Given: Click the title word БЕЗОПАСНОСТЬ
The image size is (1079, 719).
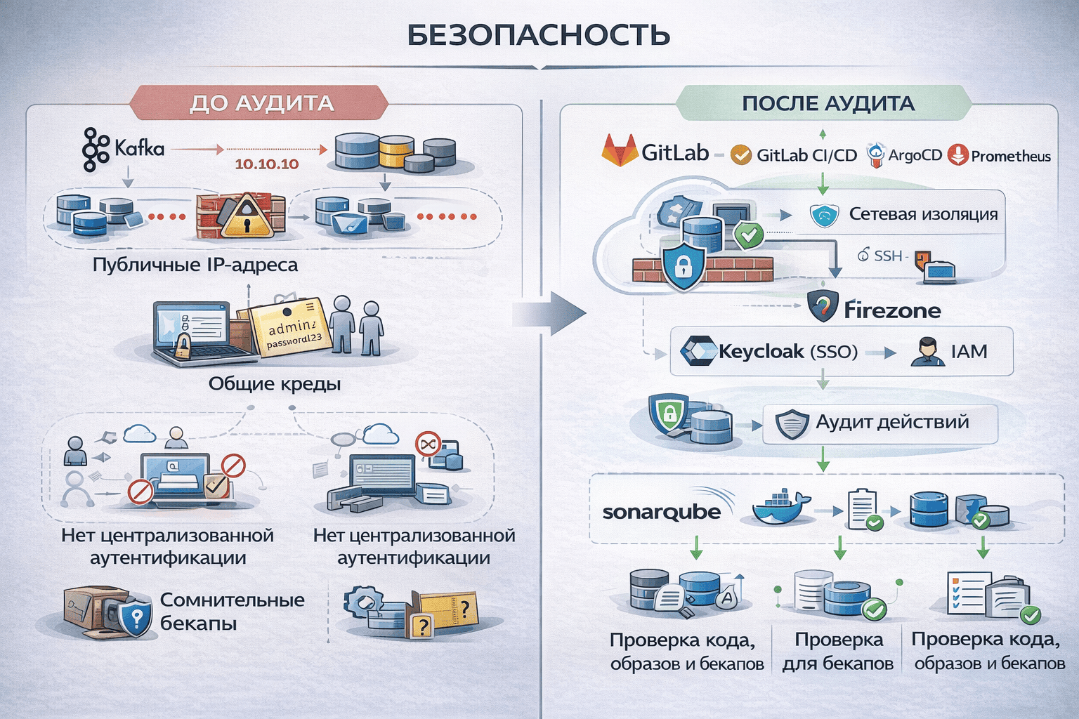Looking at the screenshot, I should tap(539, 36).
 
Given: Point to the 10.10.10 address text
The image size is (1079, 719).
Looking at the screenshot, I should tap(266, 164).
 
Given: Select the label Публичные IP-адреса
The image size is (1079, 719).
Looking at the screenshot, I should tap(195, 265).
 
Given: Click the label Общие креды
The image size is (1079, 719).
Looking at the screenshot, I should tap(274, 384).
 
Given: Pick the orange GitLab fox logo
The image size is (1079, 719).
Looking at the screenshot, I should tap(619, 151).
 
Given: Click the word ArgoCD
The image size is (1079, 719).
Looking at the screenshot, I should tap(915, 155).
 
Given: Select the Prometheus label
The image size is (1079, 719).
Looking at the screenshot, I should tap(1010, 156).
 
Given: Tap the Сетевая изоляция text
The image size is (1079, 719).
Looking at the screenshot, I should tap(923, 214).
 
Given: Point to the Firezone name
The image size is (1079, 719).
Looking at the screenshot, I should tap(891, 310).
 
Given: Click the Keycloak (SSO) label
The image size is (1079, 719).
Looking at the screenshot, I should tap(787, 351).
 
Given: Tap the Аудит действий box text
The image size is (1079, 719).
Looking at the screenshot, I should tap(891, 422).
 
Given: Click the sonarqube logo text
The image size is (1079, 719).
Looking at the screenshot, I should tap(661, 512).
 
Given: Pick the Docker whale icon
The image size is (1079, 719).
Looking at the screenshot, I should tap(780, 508).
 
